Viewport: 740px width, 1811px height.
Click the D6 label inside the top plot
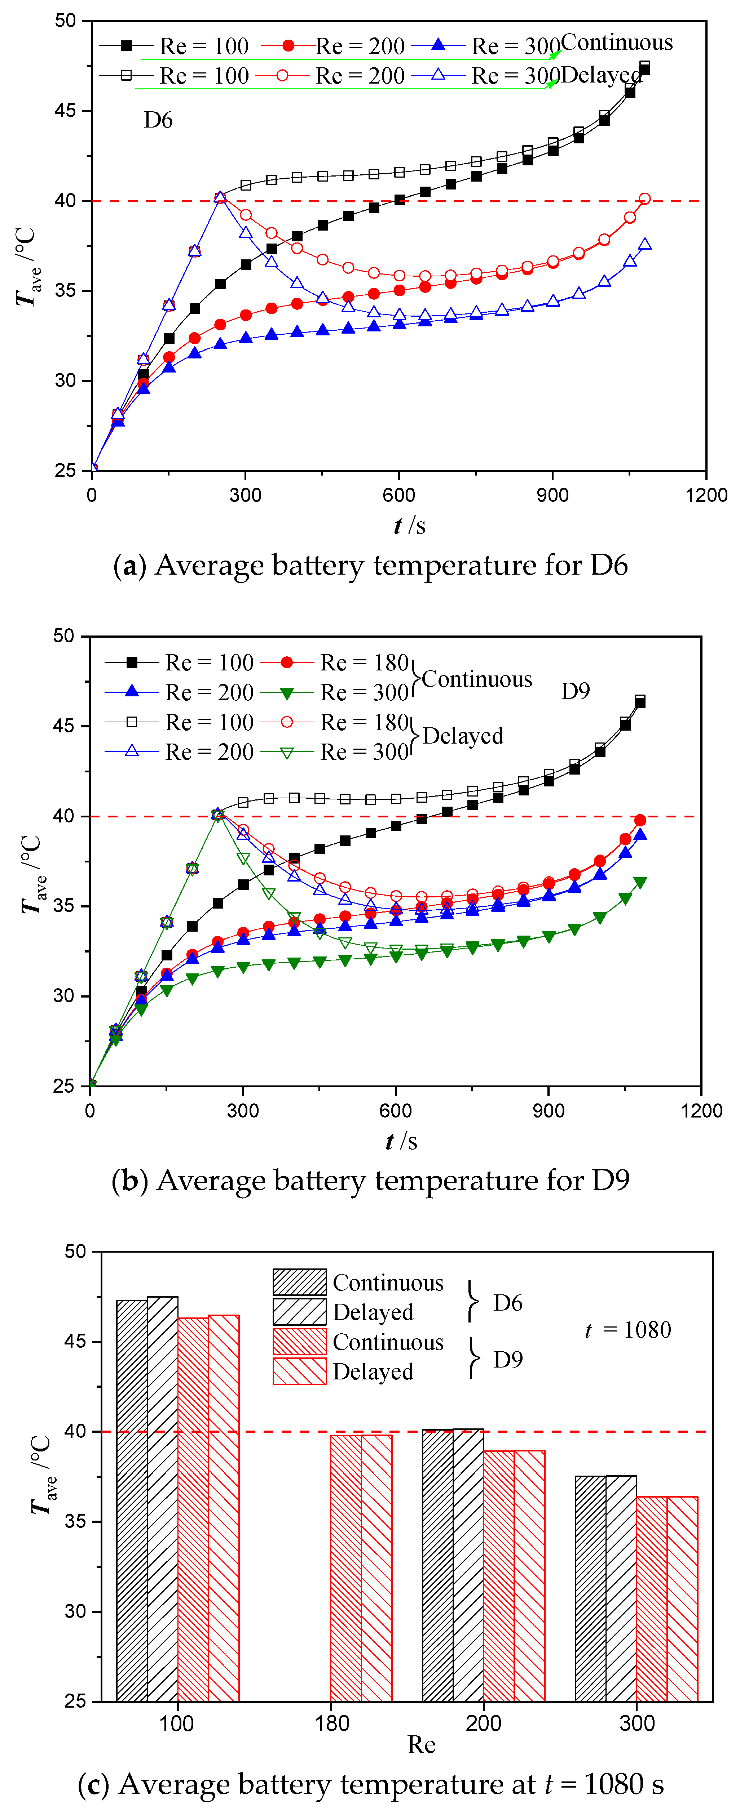(158, 120)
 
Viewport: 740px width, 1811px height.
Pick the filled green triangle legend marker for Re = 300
(286, 693)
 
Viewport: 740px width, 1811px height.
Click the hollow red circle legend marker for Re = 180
(286, 722)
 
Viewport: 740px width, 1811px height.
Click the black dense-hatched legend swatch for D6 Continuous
(299, 1282)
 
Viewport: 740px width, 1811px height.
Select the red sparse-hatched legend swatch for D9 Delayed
(299, 1371)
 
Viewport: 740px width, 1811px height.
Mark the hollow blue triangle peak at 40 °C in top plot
(220, 197)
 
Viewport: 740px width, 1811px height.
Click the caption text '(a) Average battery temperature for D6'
(370, 565)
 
